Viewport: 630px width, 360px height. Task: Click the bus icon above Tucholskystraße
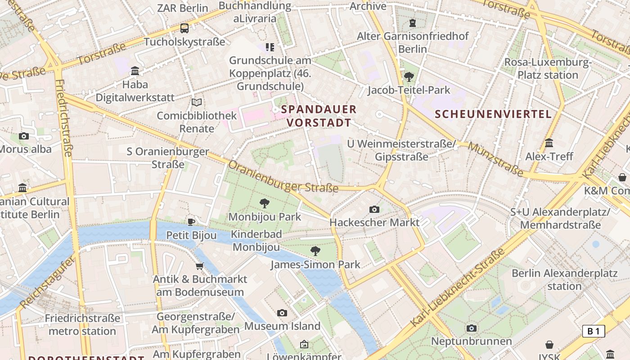[184, 28]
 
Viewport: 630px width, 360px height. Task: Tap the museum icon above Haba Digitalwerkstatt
[135, 71]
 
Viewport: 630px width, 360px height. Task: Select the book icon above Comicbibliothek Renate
[197, 102]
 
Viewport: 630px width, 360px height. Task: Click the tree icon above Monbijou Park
[265, 203]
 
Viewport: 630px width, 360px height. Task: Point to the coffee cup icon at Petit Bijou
[191, 222]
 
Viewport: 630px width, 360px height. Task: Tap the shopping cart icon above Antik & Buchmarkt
[200, 266]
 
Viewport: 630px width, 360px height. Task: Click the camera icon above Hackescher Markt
[374, 209]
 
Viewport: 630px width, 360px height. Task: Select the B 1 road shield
[594, 332]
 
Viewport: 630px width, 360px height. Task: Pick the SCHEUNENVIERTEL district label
[493, 114]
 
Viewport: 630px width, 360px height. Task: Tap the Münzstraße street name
[495, 159]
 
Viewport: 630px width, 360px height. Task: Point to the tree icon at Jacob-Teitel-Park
[409, 77]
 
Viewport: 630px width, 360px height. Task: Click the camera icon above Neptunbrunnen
[472, 328]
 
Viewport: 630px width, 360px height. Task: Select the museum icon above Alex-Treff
[549, 143]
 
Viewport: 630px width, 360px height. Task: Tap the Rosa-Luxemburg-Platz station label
[548, 68]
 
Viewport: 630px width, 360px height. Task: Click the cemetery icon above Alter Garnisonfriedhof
[413, 22]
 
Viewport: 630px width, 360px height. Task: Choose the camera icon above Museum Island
[282, 313]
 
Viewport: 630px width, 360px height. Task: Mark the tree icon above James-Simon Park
[315, 251]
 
